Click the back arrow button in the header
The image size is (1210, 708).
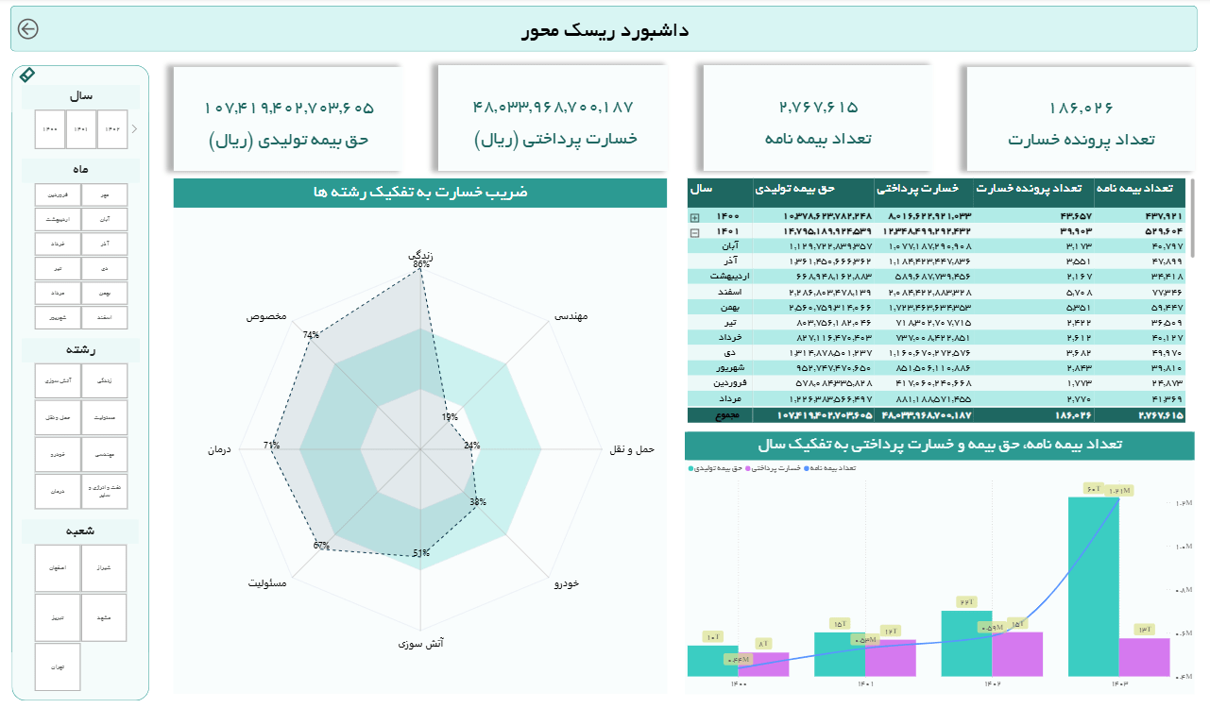click(x=28, y=29)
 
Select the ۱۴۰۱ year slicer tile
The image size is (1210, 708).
click(x=82, y=129)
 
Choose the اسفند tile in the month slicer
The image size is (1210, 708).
click(x=104, y=317)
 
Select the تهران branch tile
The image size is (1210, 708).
click(x=58, y=666)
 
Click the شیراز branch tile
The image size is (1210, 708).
click(x=104, y=567)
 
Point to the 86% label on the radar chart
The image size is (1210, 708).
click(x=421, y=265)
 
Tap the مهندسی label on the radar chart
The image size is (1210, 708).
click(x=571, y=316)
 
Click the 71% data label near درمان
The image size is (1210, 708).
click(x=272, y=446)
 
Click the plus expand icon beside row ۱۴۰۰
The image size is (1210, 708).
click(x=695, y=216)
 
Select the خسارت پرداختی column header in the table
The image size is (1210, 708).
click(x=923, y=189)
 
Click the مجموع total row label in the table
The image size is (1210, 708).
click(x=727, y=415)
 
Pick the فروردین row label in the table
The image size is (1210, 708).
click(x=733, y=382)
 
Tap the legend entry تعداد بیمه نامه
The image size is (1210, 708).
click(x=833, y=467)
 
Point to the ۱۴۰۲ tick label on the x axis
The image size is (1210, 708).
click(x=992, y=683)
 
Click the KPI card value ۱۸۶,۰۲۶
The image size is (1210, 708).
click(x=1081, y=108)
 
